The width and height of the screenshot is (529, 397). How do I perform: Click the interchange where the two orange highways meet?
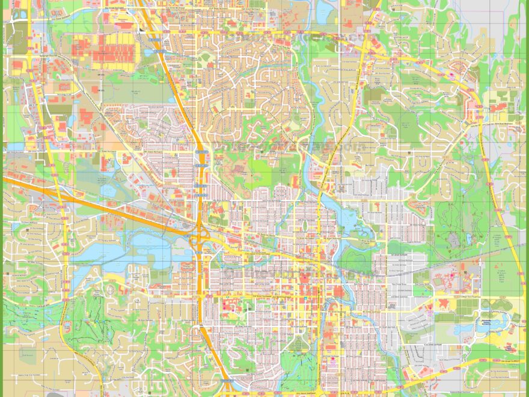coord(198,236)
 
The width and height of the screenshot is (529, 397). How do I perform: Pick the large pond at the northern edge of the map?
coord(325,9)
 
